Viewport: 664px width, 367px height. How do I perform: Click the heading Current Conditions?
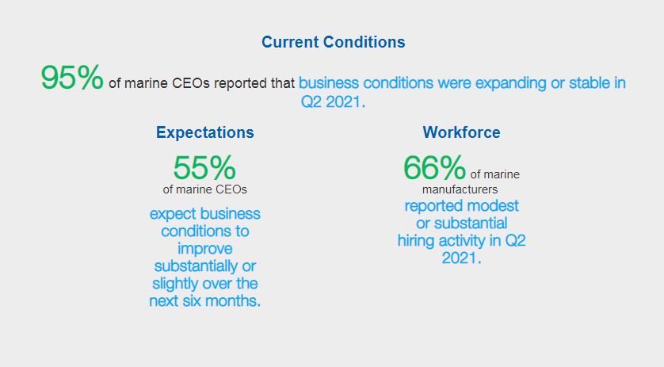tap(334, 42)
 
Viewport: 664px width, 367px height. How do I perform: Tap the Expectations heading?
tap(205, 132)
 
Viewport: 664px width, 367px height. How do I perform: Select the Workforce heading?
tap(462, 132)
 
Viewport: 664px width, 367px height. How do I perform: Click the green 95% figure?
tap(72, 77)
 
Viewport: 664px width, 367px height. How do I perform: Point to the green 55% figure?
tap(204, 167)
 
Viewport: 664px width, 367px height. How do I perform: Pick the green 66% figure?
tap(434, 167)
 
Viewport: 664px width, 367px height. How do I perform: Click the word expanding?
tap(511, 83)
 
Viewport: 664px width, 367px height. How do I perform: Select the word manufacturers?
tap(460, 189)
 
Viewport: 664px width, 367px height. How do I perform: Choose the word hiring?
tap(416, 241)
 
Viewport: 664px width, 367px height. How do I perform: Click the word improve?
tap(205, 249)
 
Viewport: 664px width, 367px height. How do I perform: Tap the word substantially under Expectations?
tap(196, 266)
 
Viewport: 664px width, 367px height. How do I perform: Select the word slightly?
tap(176, 284)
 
